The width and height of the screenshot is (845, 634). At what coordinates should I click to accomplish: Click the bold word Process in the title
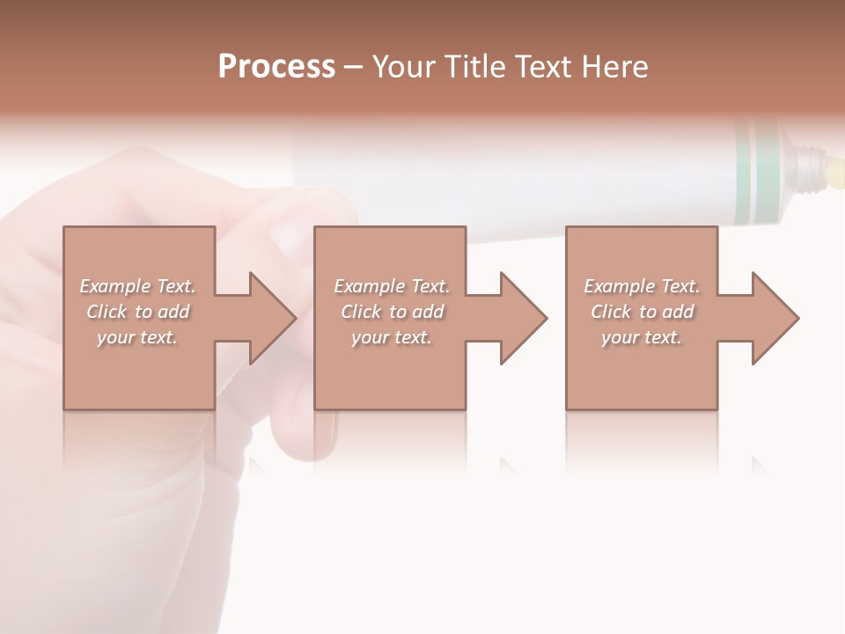click(276, 67)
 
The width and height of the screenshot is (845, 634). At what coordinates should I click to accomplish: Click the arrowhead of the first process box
click(271, 318)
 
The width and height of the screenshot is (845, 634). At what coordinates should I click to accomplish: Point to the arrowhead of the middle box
click(522, 318)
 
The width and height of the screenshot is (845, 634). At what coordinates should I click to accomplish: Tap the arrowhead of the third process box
click(774, 318)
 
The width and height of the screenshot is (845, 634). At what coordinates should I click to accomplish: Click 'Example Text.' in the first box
click(137, 286)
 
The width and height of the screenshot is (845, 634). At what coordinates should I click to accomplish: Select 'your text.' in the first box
click(137, 337)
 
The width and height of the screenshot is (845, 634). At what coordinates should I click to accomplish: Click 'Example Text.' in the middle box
click(392, 286)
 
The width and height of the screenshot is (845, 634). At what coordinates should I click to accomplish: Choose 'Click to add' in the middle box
click(392, 312)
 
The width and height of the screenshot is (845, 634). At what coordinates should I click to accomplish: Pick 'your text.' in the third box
click(642, 337)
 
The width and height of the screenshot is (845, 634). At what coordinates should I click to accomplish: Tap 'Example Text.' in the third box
click(642, 286)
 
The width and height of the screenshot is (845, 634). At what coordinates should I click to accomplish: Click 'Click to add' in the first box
click(137, 312)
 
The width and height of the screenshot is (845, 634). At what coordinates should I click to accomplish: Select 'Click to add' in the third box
click(642, 312)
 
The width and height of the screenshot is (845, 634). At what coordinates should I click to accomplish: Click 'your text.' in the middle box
click(392, 337)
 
